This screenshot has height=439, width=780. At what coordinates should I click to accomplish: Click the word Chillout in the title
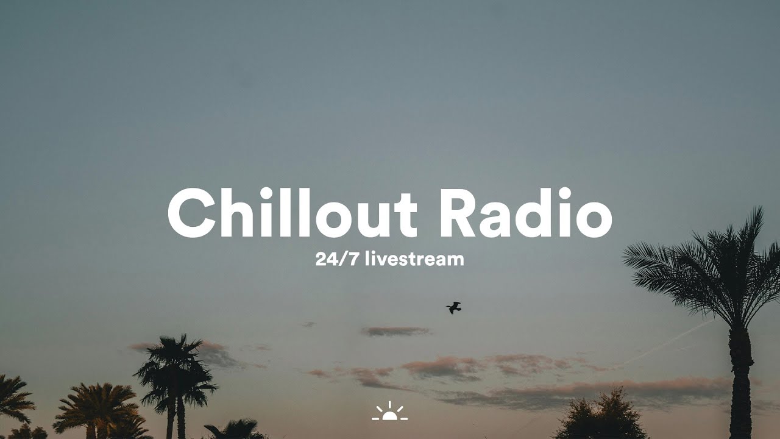point(292,213)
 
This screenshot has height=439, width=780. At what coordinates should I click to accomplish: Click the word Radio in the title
point(526,213)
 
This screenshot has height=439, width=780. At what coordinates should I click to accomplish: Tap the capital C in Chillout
point(191,213)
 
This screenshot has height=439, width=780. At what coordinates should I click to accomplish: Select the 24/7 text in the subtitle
point(337,259)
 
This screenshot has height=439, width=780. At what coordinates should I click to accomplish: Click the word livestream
point(415,259)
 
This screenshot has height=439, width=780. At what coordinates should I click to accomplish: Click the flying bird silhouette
point(454,308)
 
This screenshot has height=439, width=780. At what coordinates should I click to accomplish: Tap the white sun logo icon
point(389,412)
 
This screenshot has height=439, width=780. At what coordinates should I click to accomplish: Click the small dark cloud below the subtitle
point(395,331)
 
